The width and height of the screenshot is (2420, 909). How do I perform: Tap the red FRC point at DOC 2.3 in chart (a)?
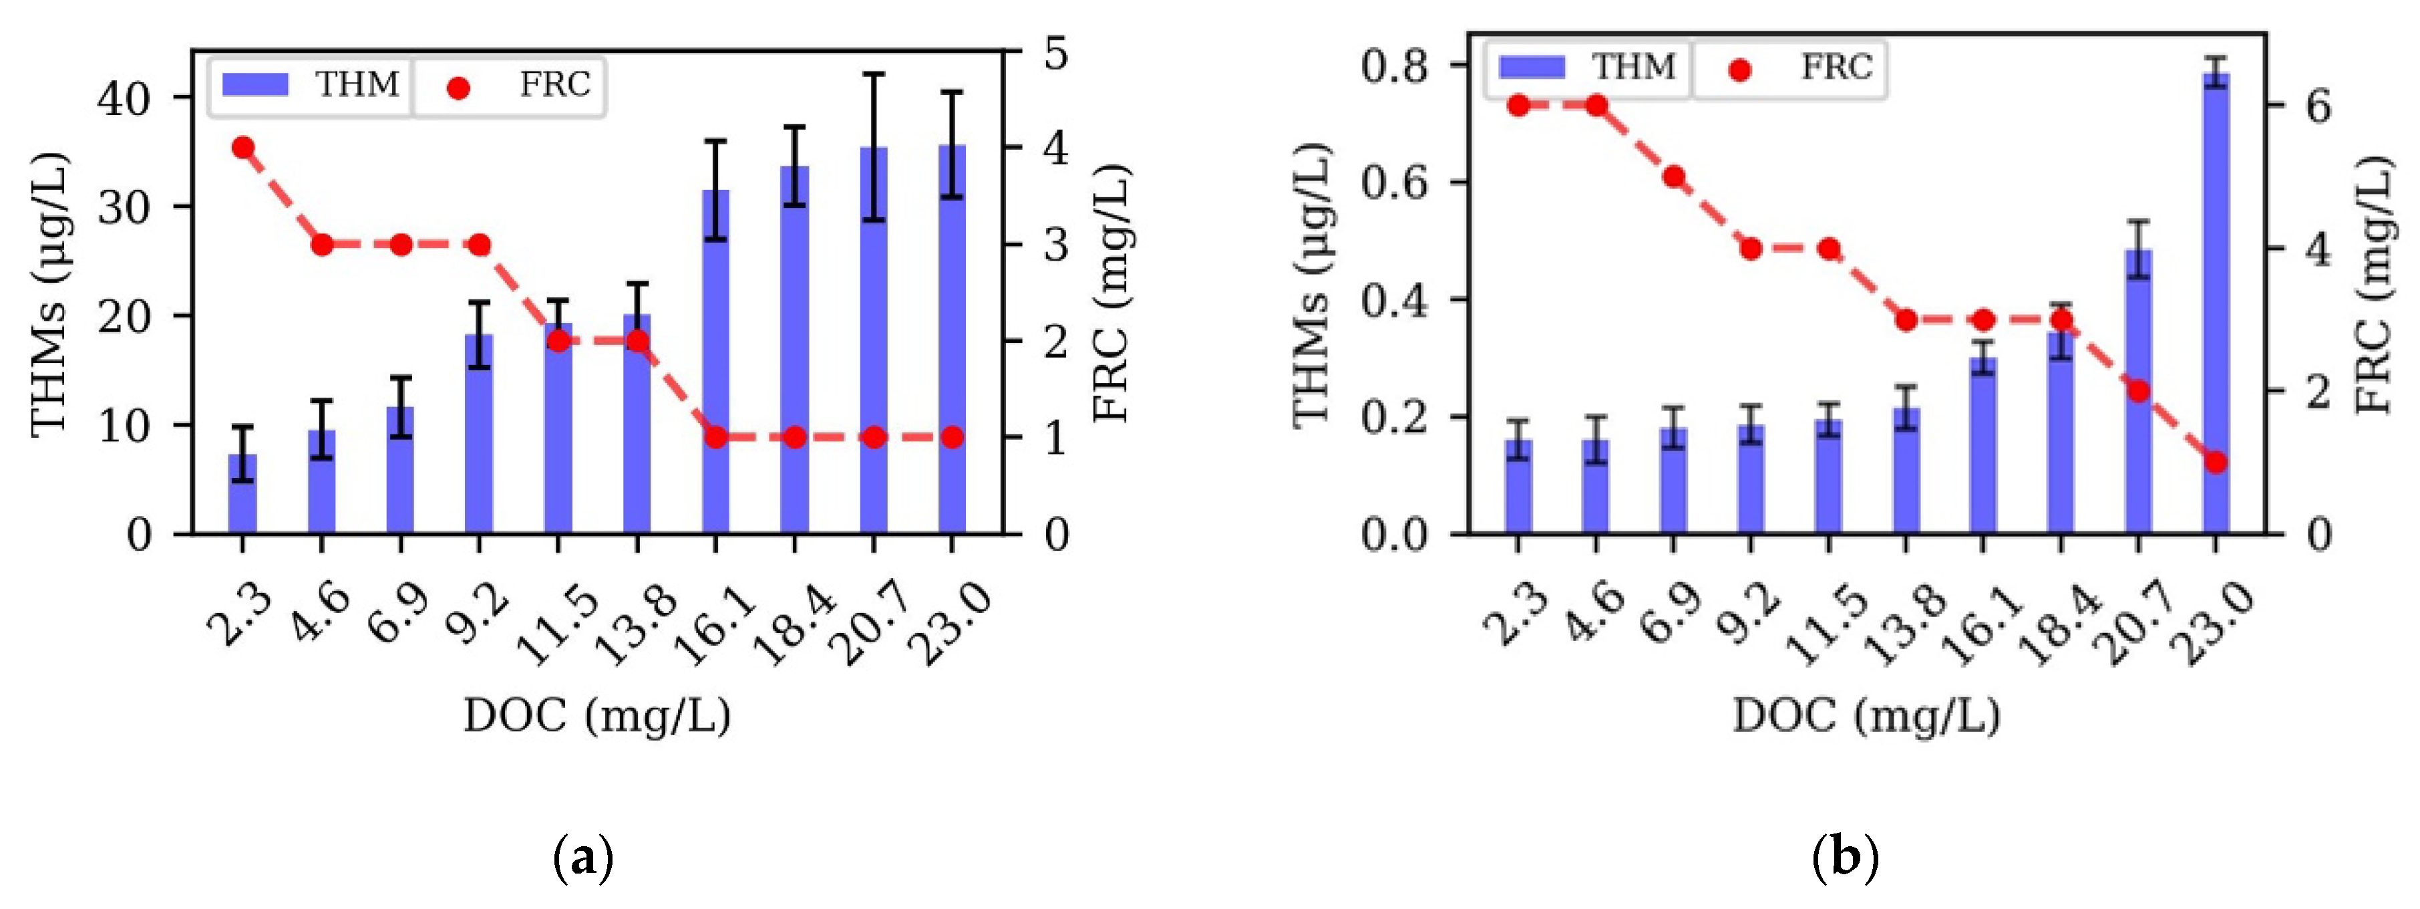(243, 148)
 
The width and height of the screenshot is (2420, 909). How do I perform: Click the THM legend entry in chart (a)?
(310, 85)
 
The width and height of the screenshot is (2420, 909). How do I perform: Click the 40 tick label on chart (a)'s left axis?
(124, 98)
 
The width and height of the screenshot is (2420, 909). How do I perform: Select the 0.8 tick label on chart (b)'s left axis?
(1394, 66)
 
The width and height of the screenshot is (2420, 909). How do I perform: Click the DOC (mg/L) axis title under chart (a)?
(596, 717)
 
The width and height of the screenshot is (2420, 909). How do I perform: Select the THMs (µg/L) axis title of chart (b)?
(1313, 287)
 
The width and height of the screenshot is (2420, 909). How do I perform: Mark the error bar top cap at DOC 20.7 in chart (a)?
(874, 74)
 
